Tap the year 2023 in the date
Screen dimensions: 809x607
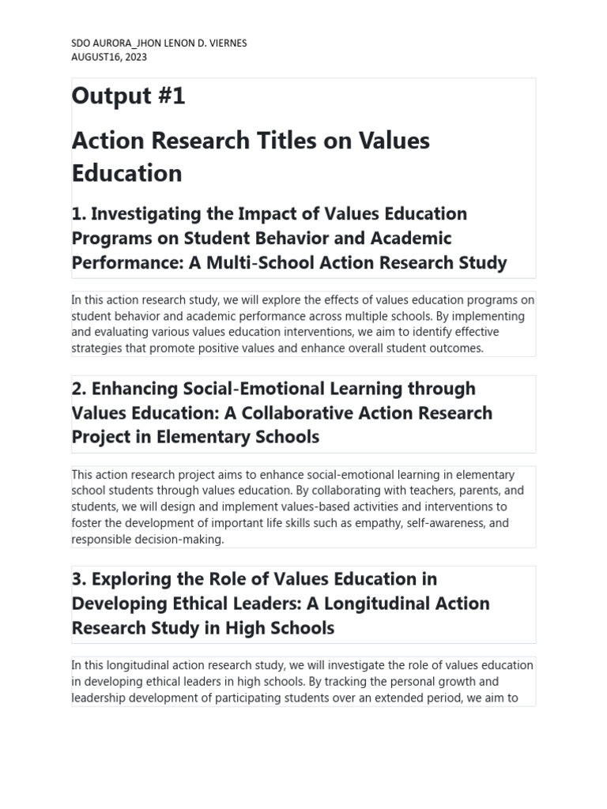(x=133, y=57)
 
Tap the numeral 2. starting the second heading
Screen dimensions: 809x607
(x=79, y=388)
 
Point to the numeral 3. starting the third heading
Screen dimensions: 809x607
(x=79, y=578)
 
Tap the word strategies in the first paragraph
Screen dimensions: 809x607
(x=95, y=348)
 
